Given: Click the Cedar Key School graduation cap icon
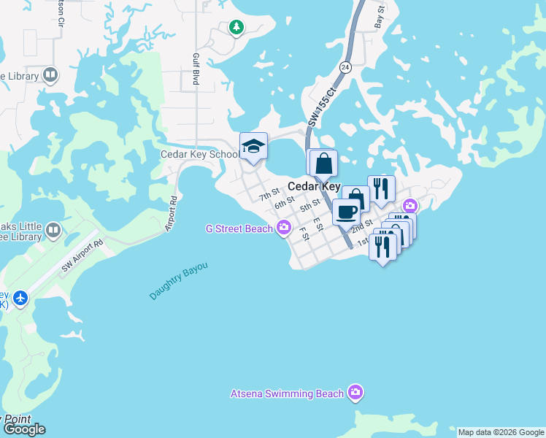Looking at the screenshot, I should tap(254, 146).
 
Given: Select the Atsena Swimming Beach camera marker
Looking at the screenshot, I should tap(355, 393).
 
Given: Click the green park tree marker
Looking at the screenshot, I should tap(236, 28).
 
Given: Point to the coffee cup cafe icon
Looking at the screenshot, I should tap(346, 212).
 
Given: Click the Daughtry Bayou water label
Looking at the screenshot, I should tap(179, 280).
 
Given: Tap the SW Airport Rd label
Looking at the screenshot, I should tap(83, 256).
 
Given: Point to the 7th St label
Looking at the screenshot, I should tap(269, 193).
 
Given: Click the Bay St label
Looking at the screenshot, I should tap(379, 15).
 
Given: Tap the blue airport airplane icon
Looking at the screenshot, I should tap(20, 298).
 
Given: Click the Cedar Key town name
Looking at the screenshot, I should tap(313, 186).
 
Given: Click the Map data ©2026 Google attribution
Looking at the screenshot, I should tap(501, 432).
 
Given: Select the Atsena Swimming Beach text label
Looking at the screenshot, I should tap(287, 393).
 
